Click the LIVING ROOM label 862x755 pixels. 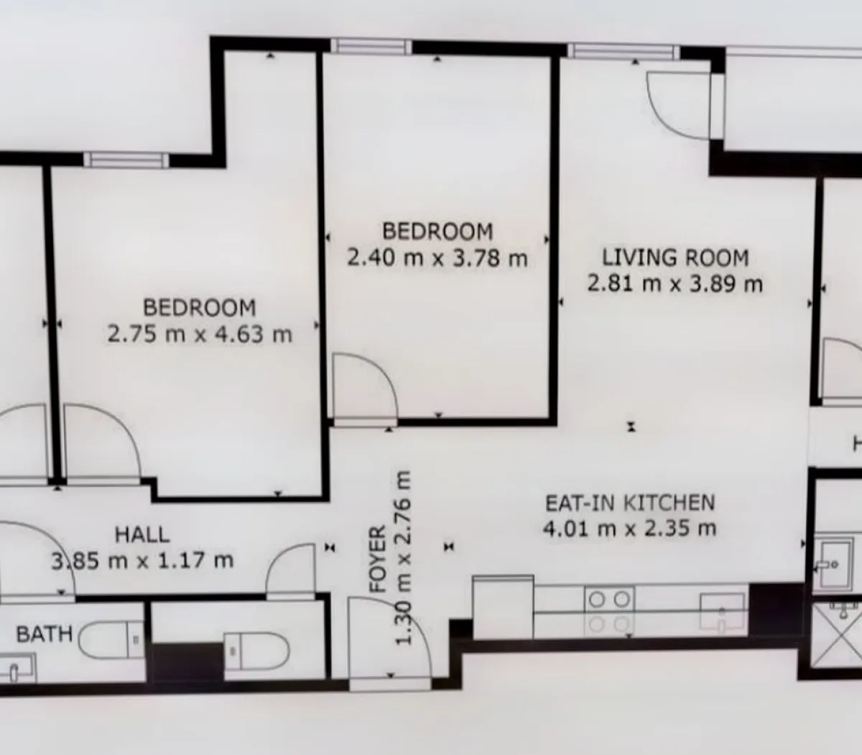coord(675,257)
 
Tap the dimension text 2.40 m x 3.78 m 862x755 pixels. coord(437,257)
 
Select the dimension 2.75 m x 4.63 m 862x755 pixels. coord(200,334)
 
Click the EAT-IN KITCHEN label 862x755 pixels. coord(630,502)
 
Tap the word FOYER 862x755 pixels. coord(378,559)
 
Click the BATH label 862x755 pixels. coord(45,634)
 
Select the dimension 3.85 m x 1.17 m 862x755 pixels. coord(142,560)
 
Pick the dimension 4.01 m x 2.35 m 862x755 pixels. coord(629,528)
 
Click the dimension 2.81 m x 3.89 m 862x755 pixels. coord(675,283)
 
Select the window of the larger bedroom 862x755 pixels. coord(126,160)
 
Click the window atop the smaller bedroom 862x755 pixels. coord(371,47)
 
